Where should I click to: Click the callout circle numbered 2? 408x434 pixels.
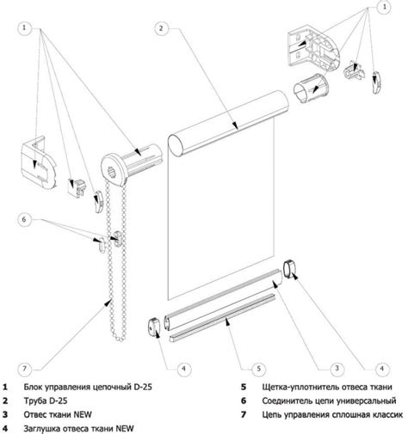(162, 29)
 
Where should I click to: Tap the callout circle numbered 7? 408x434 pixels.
(24, 369)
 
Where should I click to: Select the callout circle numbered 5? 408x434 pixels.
(258, 369)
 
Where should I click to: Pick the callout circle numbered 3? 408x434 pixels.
(337, 368)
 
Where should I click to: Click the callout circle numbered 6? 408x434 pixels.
(24, 219)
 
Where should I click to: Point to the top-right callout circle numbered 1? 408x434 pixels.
(384, 7)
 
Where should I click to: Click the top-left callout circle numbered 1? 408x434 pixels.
(24, 28)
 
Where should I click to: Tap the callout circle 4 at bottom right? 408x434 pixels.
(381, 369)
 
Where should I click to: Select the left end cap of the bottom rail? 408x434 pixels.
(154, 327)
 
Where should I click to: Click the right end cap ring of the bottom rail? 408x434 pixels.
(289, 268)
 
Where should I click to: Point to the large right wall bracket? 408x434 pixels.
(313, 49)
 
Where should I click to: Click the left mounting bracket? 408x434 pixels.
(39, 162)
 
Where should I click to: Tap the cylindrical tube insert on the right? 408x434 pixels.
(311, 88)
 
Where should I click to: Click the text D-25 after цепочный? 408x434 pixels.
(143, 387)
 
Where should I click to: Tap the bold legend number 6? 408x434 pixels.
(244, 400)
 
